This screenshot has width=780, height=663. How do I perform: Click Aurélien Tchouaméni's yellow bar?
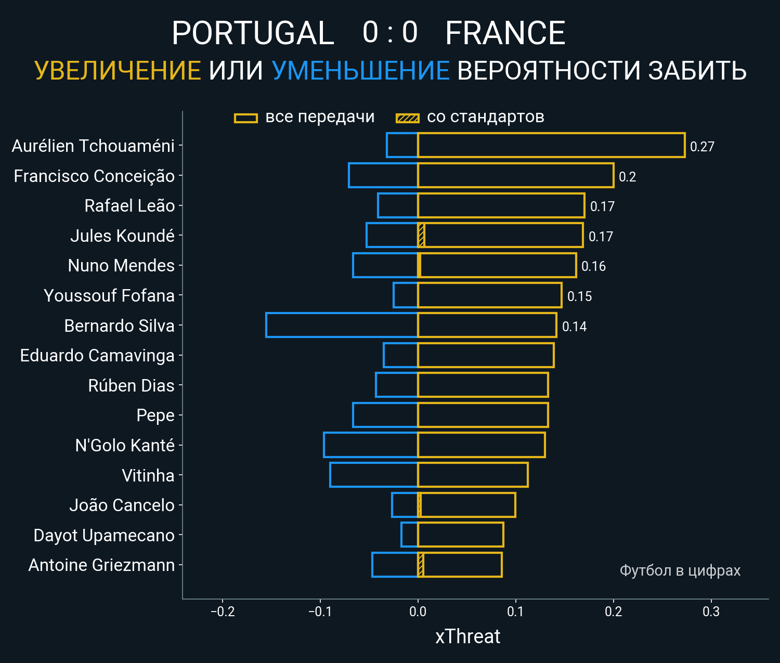tap(551, 145)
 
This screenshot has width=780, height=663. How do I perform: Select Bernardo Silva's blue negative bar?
tap(342, 325)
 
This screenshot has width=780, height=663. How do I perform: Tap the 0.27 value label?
tap(702, 147)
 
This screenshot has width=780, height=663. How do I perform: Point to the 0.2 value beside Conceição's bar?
tap(627, 177)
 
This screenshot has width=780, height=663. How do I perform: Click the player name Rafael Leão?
tap(129, 206)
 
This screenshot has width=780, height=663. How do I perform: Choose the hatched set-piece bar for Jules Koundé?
tap(421, 236)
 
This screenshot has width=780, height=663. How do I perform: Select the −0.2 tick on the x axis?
tap(223, 612)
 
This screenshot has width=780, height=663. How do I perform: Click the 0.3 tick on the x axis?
tap(711, 612)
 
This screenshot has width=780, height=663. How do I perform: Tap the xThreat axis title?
tap(467, 636)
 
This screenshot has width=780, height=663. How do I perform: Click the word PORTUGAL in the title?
tap(253, 33)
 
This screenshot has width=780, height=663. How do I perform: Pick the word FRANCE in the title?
tap(505, 33)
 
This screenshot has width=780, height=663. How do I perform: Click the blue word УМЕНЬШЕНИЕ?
tap(360, 71)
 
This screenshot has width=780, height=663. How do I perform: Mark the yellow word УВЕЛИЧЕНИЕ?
tap(118, 71)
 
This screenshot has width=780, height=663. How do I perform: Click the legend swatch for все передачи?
tap(246, 118)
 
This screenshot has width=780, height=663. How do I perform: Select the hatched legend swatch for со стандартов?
tap(407, 118)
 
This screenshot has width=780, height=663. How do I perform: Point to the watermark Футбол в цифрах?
tap(680, 570)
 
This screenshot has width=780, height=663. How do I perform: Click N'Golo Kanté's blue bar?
tap(370, 445)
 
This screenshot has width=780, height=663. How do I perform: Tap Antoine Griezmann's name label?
tap(101, 565)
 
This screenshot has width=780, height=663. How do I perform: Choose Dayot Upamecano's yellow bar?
tap(460, 535)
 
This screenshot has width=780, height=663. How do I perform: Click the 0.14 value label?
tap(574, 327)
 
